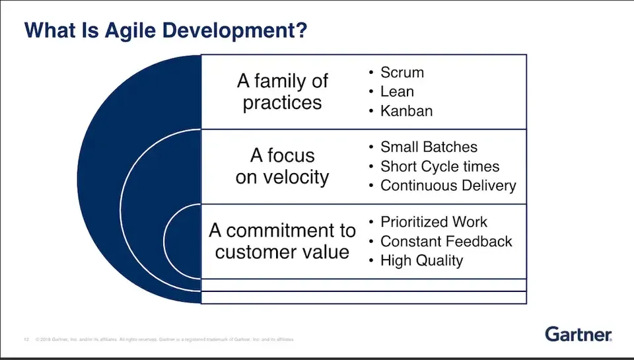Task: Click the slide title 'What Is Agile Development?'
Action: [x=165, y=30]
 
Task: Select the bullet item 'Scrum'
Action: [x=402, y=73]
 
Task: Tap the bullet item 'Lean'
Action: [x=397, y=92]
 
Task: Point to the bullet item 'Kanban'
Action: [x=406, y=110]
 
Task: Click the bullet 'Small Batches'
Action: [x=429, y=147]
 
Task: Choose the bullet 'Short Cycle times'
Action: [x=440, y=166]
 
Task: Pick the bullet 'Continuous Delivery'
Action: [x=448, y=186]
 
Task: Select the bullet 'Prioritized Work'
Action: [x=433, y=222]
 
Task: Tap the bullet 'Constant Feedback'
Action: [x=446, y=241]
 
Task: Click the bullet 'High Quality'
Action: [x=421, y=260]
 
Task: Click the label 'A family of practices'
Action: [x=282, y=92]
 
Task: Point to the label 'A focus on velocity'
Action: [x=282, y=166]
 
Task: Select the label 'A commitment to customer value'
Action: [x=282, y=241]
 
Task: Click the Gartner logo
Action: [x=579, y=335]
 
